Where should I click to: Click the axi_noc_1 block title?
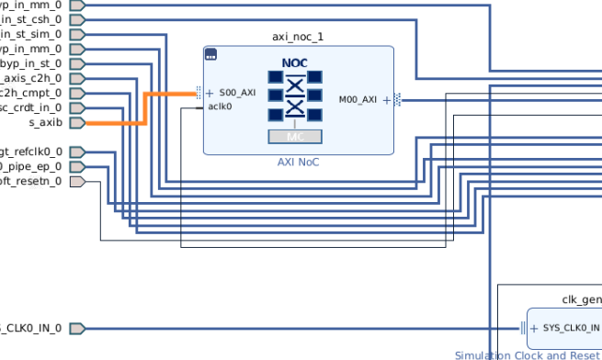tap(298, 37)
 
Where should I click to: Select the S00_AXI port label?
tap(237, 93)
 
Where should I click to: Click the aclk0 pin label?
tap(220, 107)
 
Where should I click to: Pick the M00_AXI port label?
tap(358, 99)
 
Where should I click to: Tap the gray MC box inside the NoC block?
tap(295, 137)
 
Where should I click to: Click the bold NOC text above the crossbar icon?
tap(295, 62)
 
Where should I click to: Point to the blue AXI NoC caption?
tap(298, 163)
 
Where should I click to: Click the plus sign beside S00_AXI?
tap(210, 93)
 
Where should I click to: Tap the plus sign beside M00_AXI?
tap(386, 99)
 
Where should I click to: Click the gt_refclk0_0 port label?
tap(31, 152)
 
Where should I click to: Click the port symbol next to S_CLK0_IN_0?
tap(76, 329)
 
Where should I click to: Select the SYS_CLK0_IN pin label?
tap(570, 329)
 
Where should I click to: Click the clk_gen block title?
tap(581, 299)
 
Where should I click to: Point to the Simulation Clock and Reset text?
tap(528, 354)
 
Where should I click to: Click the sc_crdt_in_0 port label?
tap(31, 107)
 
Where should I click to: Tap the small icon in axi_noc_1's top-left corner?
tap(210, 54)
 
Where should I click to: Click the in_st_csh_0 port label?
tap(31, 19)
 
